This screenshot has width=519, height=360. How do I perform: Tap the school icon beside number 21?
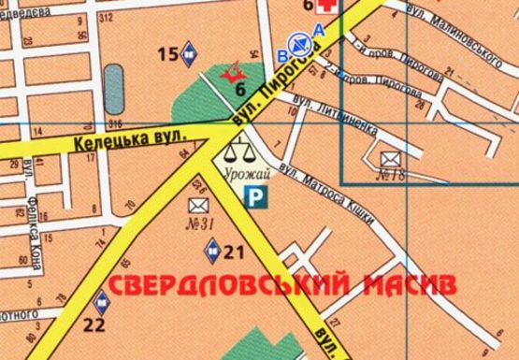coord(213,249)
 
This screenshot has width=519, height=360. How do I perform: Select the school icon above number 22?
coord(100,301)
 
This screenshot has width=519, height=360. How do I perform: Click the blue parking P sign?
coord(252,195)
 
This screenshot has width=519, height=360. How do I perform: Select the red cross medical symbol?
coord(327,7)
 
